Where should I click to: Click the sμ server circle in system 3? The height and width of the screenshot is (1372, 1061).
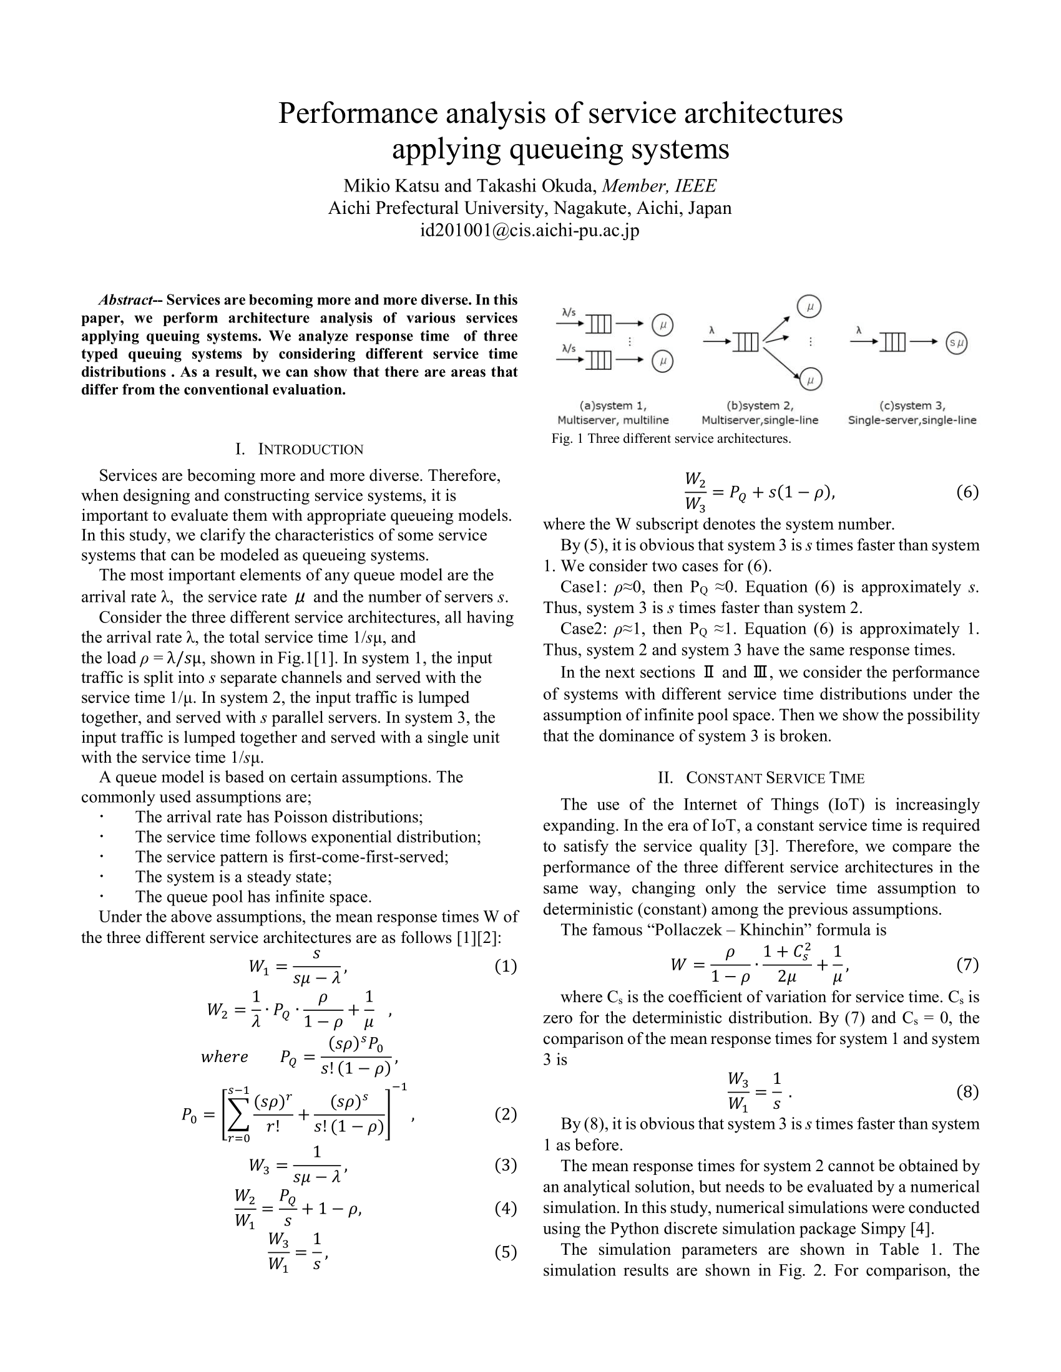coord(956,343)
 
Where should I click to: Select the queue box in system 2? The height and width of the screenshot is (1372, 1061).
coord(746,342)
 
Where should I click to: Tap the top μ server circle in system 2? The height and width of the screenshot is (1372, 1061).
coord(809,307)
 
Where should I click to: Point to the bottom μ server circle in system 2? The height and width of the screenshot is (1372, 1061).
coord(811,379)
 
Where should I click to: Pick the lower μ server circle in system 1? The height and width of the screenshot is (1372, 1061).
coord(662,361)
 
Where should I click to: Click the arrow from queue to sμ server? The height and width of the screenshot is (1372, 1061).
coord(924,342)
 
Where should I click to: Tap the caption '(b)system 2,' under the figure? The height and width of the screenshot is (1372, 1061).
coord(760,406)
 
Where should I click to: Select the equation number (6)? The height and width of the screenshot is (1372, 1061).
coord(967,492)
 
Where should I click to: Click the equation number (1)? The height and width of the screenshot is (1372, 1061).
coord(506,965)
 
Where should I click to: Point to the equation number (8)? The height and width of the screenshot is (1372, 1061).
coord(967,1092)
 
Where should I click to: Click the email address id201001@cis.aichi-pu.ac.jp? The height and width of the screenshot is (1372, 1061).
coord(530,231)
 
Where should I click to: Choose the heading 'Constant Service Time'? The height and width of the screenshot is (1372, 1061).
coord(775,778)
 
